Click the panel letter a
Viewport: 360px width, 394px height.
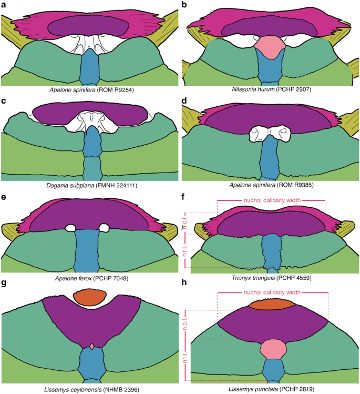point(4,4)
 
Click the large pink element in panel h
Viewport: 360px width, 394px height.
point(272,348)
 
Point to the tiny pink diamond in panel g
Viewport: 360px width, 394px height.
point(92,346)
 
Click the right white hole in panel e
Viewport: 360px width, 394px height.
point(104,227)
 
